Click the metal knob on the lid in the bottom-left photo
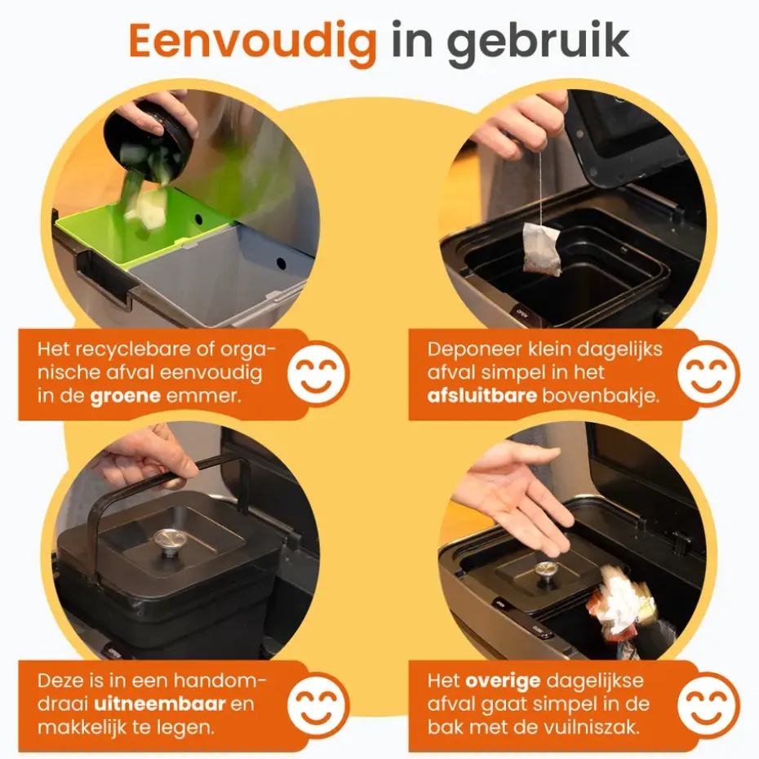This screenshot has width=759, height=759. [x=167, y=540]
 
